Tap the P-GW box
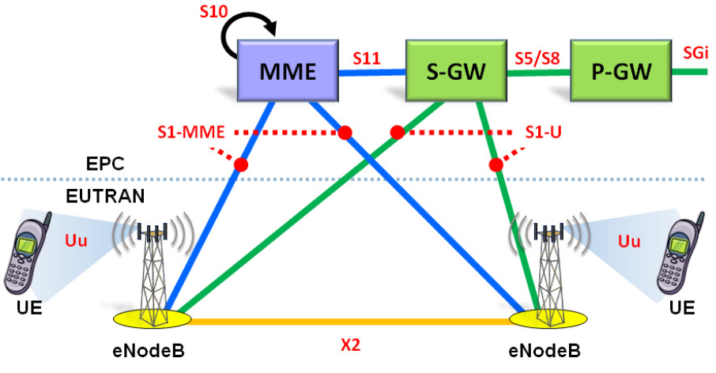pyautogui.click(x=620, y=72)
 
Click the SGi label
pyautogui.click(x=695, y=54)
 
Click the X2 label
pyautogui.click(x=352, y=346)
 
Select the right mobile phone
pyautogui.click(x=684, y=254)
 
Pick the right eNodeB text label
pyautogui.click(x=546, y=351)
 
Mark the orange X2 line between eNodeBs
pyautogui.click(x=352, y=321)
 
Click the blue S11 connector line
pyautogui.click(x=372, y=73)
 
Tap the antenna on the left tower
pyautogui.click(x=153, y=232)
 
